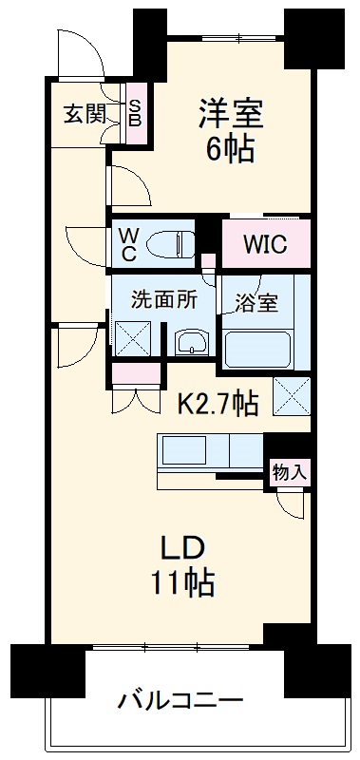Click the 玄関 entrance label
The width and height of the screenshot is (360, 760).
tap(85, 115)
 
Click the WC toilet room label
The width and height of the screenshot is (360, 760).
tap(127, 244)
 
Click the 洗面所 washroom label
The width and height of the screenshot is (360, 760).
tap(164, 298)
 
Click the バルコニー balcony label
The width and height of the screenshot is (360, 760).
tap(180, 702)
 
